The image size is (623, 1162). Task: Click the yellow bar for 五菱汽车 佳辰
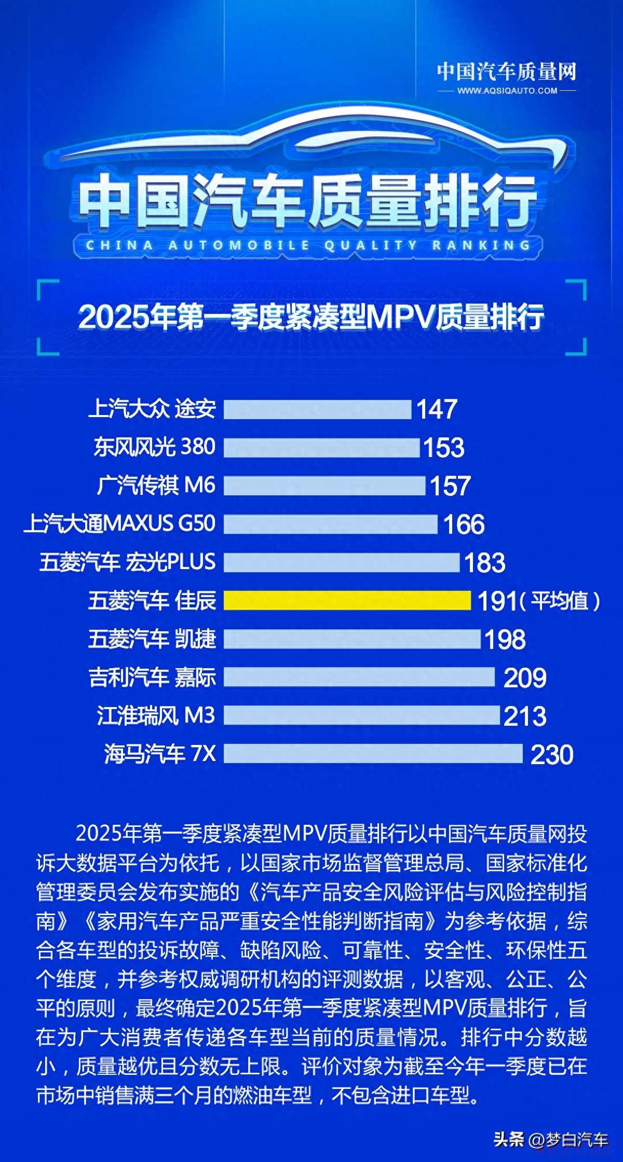(347, 600)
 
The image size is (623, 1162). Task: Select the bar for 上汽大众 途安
(317, 409)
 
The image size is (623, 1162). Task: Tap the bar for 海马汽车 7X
(373, 753)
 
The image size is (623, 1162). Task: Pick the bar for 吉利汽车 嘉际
(359, 677)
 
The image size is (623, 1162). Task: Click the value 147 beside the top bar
(437, 409)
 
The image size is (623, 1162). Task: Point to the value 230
(552, 754)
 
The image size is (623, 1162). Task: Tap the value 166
(464, 524)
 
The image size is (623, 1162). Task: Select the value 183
(484, 563)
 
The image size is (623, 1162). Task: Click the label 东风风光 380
(154, 447)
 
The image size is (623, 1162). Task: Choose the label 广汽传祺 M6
(156, 485)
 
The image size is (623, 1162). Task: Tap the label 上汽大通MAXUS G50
(120, 523)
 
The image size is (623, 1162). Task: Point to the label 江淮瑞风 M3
(156, 715)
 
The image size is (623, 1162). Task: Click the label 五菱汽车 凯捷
(152, 639)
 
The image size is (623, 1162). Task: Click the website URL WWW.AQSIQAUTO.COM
(507, 91)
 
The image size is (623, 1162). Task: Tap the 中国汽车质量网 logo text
(506, 72)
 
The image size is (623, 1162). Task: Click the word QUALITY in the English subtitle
(371, 245)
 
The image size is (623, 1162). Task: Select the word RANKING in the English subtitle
(481, 245)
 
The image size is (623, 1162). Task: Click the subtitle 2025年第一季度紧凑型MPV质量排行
(311, 317)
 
